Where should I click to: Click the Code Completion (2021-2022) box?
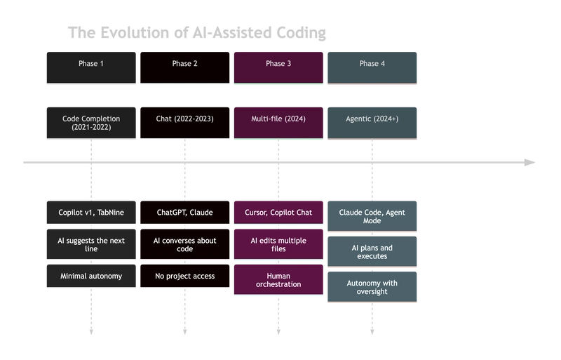(91, 122)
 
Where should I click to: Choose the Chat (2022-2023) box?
(185, 122)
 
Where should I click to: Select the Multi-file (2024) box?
(278, 122)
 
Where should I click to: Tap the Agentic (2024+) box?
(372, 122)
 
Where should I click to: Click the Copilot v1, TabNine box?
(91, 212)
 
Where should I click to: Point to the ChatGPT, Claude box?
(185, 212)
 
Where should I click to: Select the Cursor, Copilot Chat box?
(278, 212)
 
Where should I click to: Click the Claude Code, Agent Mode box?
(372, 216)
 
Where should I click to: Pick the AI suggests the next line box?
(91, 244)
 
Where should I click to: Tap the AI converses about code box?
(185, 244)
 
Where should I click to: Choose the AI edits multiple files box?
(278, 244)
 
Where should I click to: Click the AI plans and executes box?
(372, 252)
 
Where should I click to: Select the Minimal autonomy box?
(91, 276)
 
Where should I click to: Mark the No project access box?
(185, 276)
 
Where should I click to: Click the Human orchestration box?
(278, 280)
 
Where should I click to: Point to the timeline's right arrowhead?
(531, 163)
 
